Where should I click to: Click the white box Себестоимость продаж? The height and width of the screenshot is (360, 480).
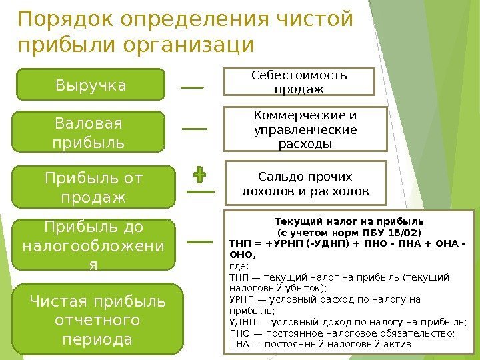pyautogui.click(x=299, y=81)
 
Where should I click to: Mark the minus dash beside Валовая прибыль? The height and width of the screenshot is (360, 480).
pyautogui.click(x=194, y=128)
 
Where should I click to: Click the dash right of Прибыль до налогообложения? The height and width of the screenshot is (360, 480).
pyautogui.click(x=201, y=243)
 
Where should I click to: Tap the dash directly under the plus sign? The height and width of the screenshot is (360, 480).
pyautogui.click(x=201, y=192)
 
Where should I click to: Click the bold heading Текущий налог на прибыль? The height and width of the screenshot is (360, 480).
pyautogui.click(x=349, y=221)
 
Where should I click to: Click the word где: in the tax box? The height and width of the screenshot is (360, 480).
pyautogui.click(x=238, y=265)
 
